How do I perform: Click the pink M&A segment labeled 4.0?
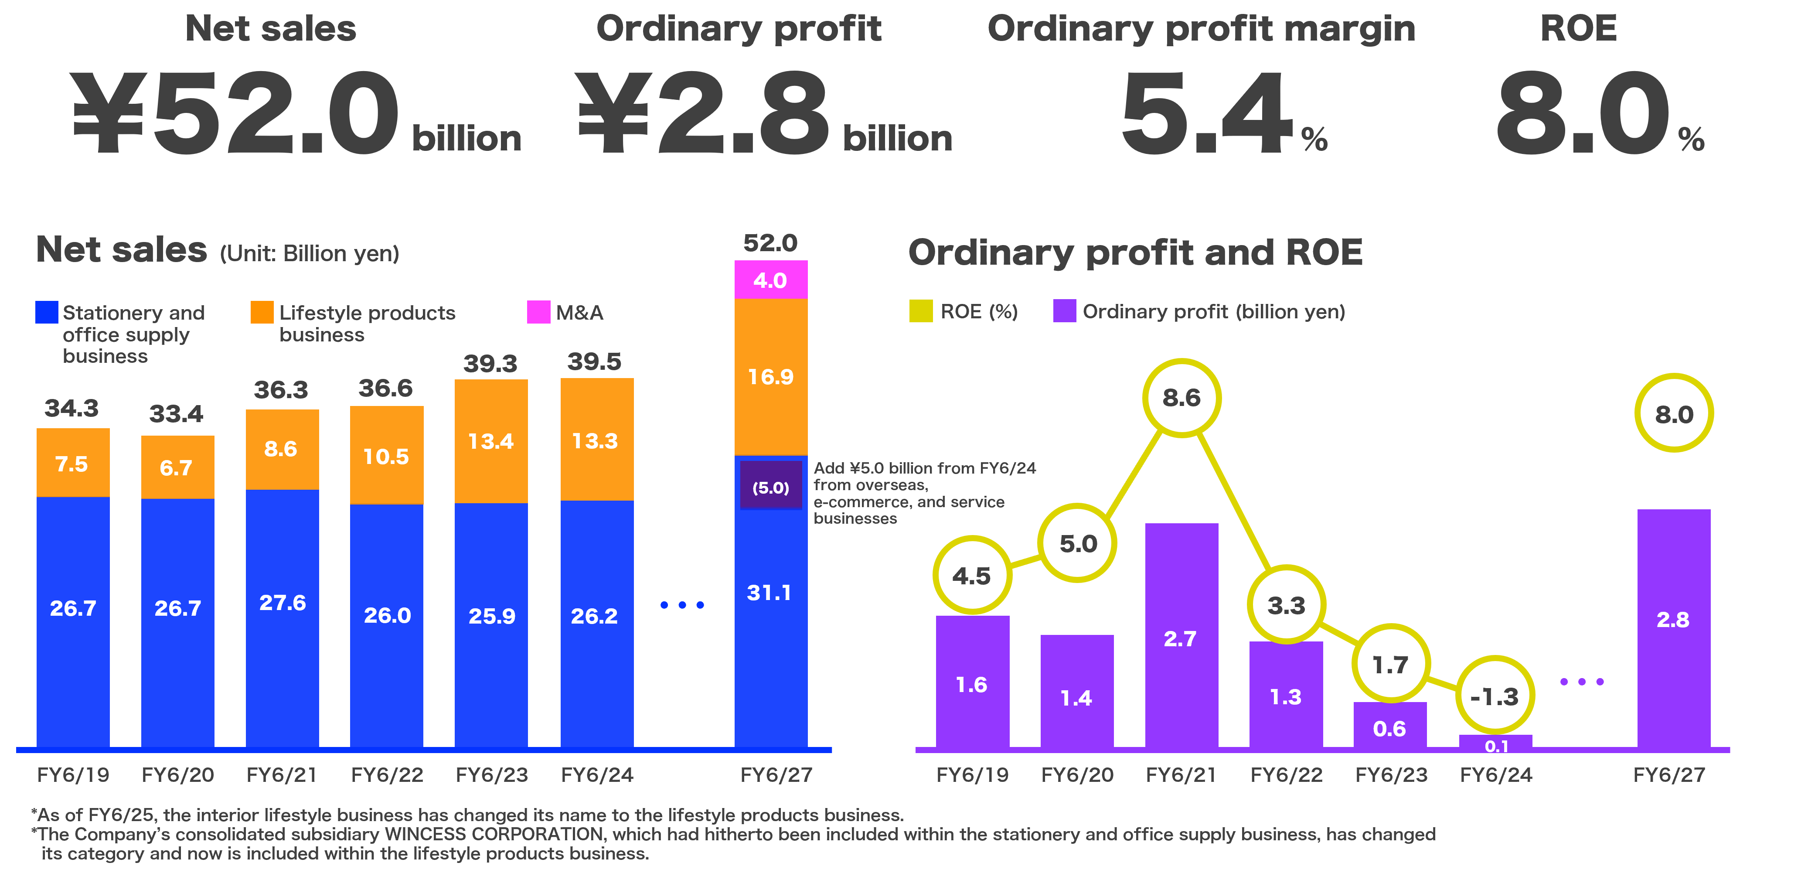[771, 280]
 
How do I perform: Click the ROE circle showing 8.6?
[1182, 398]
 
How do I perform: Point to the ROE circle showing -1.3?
[1495, 696]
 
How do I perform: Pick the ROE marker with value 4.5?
[972, 576]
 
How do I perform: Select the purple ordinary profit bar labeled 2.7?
[1181, 635]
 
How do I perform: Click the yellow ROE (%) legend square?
[921, 311]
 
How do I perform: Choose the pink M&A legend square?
[538, 312]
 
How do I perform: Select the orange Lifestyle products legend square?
[262, 312]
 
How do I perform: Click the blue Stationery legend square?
[46, 312]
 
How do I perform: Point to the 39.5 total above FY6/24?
[595, 361]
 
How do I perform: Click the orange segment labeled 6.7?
[177, 467]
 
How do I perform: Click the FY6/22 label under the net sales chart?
[387, 775]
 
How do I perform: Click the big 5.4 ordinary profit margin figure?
[1206, 112]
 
